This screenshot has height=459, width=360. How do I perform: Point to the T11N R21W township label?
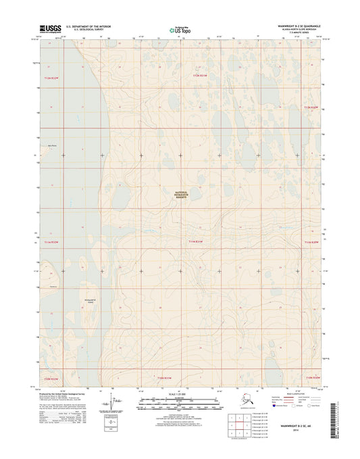(x=196, y=240)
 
